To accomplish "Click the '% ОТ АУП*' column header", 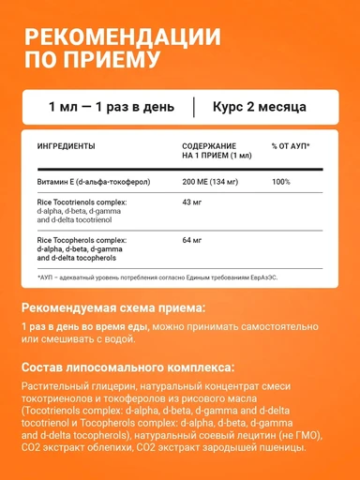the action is (291, 147).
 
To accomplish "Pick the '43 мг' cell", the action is (192, 202).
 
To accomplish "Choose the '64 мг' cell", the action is (192, 239).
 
